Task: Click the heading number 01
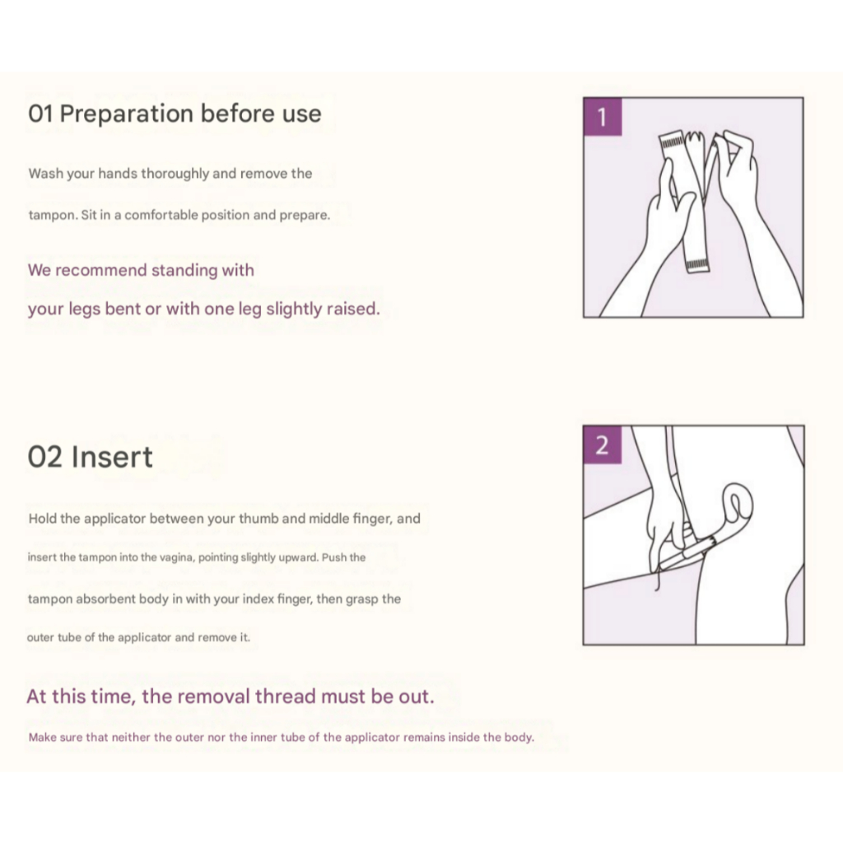pos(40,114)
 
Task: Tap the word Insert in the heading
pos(112,457)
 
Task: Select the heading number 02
pos(44,457)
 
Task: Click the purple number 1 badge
pos(603,117)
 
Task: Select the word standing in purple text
pos(184,270)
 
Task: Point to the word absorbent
pos(107,599)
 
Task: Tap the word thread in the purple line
pos(286,696)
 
